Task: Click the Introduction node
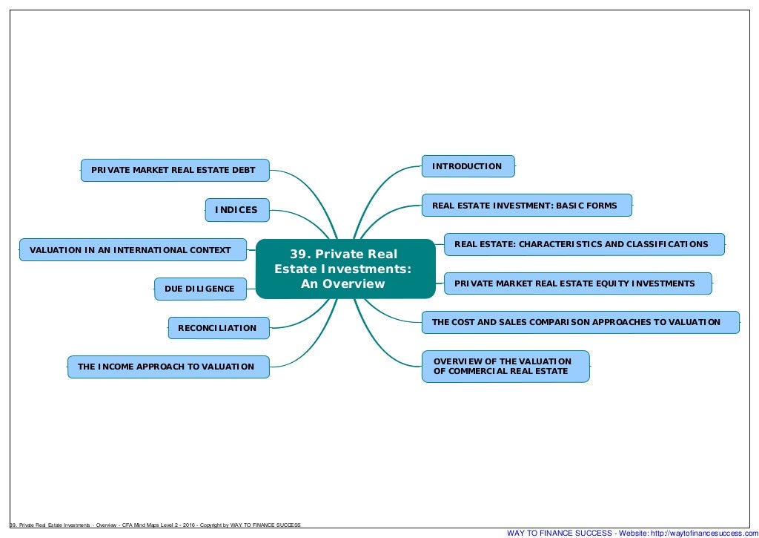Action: [x=468, y=166]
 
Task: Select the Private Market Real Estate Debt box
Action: [x=174, y=170]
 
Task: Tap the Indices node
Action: [x=236, y=210]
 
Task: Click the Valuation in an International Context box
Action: [x=132, y=250]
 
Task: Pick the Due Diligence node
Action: [x=200, y=289]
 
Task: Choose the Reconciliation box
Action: [x=218, y=328]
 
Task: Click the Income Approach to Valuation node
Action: [x=168, y=367]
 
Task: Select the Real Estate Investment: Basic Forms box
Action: [x=526, y=206]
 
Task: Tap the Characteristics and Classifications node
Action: [x=583, y=244]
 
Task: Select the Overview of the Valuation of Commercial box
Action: [x=505, y=366]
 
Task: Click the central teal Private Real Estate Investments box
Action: [x=345, y=269]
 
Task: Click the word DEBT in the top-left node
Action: [x=243, y=170]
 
